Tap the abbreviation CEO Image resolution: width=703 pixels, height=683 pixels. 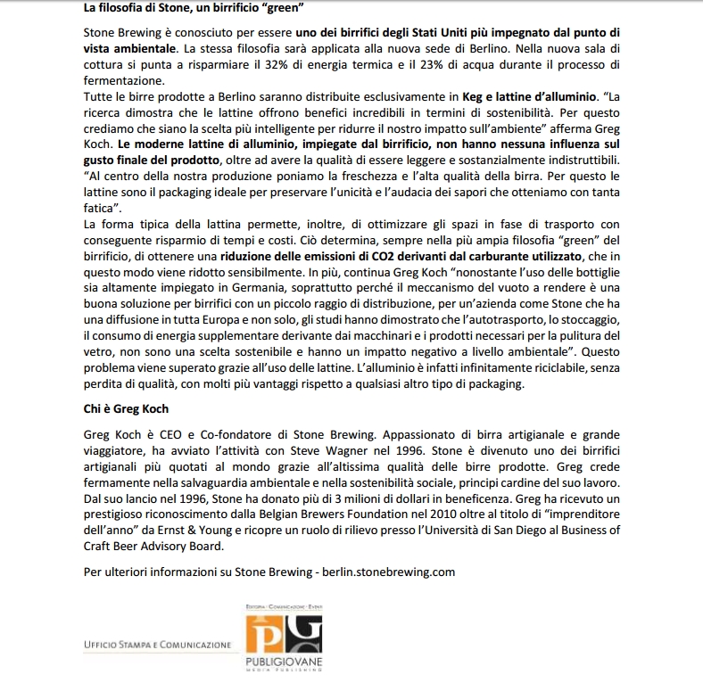pyautogui.click(x=166, y=432)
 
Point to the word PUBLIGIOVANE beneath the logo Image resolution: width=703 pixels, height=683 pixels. pyautogui.click(x=284, y=662)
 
